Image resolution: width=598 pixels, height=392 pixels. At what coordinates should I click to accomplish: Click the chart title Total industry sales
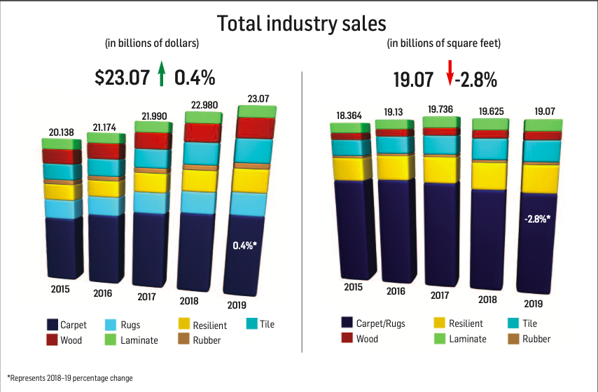coord(302,23)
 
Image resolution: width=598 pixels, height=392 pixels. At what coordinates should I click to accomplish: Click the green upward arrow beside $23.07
coord(161,73)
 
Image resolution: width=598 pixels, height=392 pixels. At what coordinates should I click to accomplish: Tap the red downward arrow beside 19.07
coord(450,72)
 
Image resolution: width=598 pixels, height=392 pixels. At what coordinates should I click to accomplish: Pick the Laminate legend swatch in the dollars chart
coord(110,340)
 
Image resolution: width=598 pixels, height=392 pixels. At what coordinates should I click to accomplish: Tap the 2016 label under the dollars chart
coord(102,293)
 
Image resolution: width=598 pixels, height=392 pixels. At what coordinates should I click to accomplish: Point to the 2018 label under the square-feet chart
coord(487,299)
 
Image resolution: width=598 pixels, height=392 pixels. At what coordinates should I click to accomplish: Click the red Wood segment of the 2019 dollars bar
coord(254,128)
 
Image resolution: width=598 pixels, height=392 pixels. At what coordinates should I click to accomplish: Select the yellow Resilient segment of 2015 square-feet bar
coord(352,168)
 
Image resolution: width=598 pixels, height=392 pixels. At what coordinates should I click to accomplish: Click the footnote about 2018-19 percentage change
coord(70,378)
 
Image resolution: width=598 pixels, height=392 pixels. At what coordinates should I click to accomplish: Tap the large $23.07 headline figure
coord(123,77)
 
